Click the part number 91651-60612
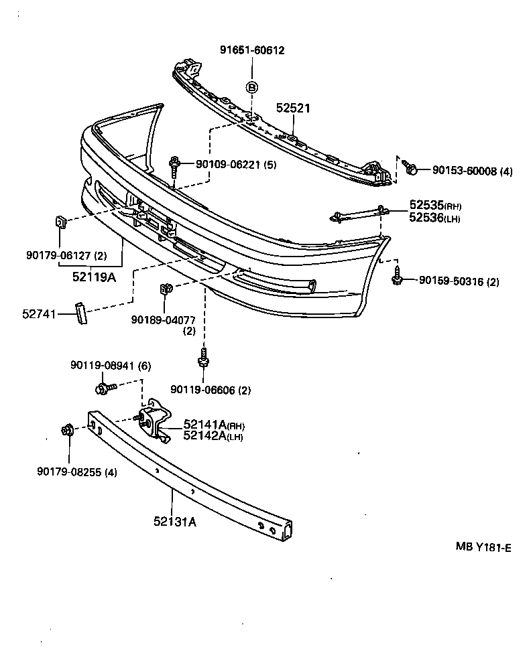click(251, 50)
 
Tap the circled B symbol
click(252, 87)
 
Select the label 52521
click(294, 108)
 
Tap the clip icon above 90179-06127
click(59, 222)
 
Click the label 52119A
click(94, 276)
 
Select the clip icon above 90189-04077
click(166, 289)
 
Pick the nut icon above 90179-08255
click(67, 430)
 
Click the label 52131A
click(174, 522)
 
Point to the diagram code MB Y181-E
click(483, 547)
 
